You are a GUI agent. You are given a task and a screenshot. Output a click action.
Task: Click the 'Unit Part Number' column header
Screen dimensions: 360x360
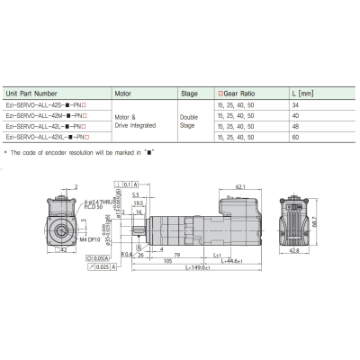(33, 93)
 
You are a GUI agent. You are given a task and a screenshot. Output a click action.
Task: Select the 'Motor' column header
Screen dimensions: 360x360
(126, 93)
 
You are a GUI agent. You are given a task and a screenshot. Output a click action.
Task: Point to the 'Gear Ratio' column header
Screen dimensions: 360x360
(243, 93)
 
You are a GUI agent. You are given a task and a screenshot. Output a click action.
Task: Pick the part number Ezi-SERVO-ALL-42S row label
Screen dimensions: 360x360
(46, 106)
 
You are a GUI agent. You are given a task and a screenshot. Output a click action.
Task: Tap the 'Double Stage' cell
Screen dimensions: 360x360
(187, 121)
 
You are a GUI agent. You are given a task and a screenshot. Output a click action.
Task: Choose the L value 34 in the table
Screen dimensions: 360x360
(297, 106)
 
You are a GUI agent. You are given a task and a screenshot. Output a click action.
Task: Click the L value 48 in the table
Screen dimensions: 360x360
(297, 126)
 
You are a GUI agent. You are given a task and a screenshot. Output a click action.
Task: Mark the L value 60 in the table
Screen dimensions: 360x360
(297, 136)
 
